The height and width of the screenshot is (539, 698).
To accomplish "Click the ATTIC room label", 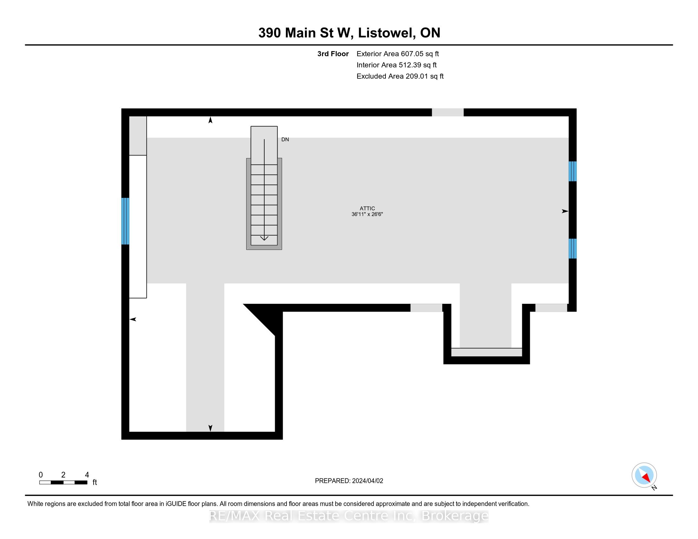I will click(x=367, y=208).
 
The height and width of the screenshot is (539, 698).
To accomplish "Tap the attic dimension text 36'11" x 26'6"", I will click(x=367, y=214).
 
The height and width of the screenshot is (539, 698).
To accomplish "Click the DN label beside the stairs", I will click(x=285, y=140).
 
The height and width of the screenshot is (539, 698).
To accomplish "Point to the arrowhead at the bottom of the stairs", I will click(x=264, y=238).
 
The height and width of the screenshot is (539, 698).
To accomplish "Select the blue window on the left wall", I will click(x=125, y=221).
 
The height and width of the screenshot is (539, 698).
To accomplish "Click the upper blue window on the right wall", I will click(x=572, y=171).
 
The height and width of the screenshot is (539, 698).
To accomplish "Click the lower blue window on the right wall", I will click(x=572, y=249).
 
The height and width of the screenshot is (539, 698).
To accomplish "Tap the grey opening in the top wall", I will click(x=447, y=113).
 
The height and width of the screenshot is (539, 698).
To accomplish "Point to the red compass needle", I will click(x=646, y=478).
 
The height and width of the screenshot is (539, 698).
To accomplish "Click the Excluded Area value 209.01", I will click(x=417, y=76).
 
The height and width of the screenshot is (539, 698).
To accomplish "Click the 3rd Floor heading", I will click(x=333, y=54).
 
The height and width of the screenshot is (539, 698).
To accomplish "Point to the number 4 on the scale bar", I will click(x=87, y=475).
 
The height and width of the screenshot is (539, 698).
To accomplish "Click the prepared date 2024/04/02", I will click(x=367, y=481).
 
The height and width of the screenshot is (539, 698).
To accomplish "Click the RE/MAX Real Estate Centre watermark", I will click(x=349, y=516).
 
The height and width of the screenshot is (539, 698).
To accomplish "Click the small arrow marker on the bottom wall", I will click(x=210, y=428).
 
